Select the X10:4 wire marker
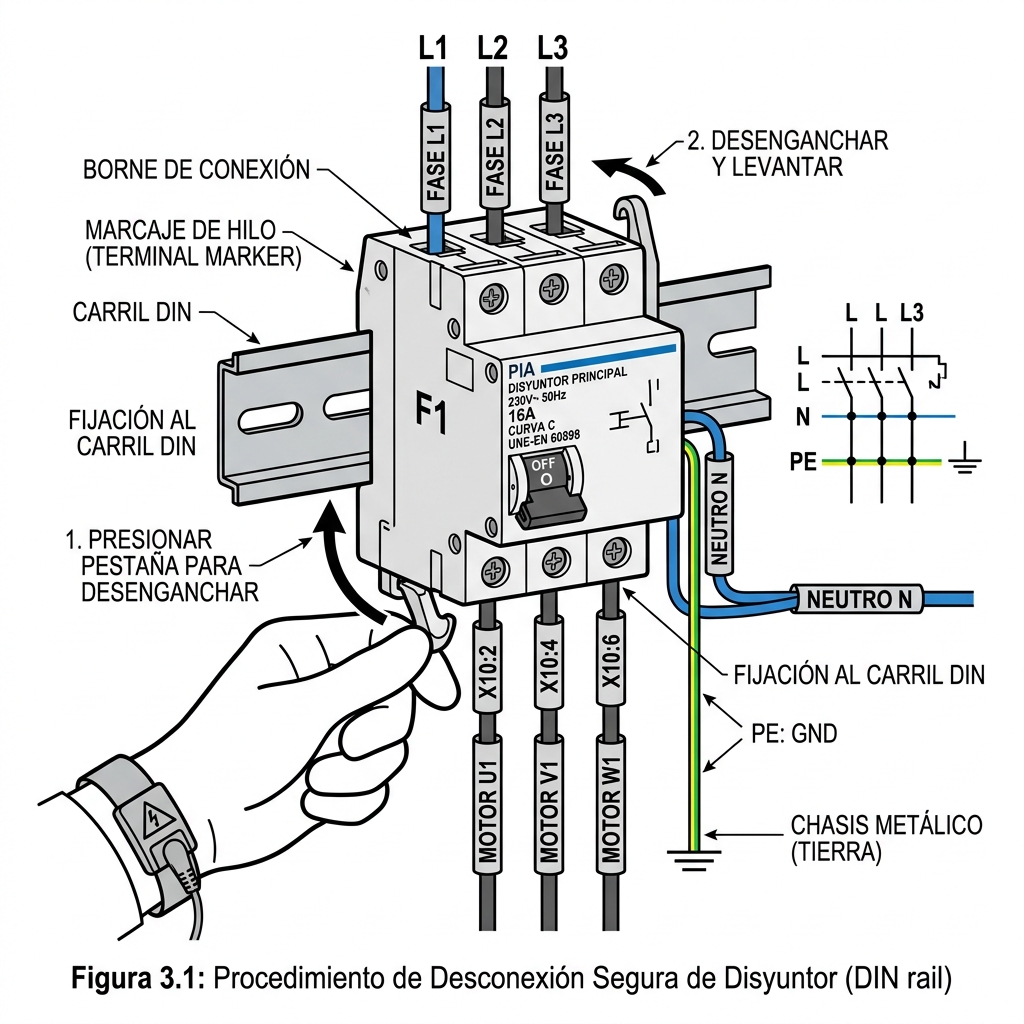tap(550, 662)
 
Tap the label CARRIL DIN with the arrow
tap(132, 312)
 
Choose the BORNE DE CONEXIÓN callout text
tap(196, 170)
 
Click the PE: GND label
tap(793, 733)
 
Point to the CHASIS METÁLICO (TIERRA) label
tap(886, 839)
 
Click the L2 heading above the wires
tap(492, 48)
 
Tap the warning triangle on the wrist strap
tap(153, 817)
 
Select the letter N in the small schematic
tap(803, 417)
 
